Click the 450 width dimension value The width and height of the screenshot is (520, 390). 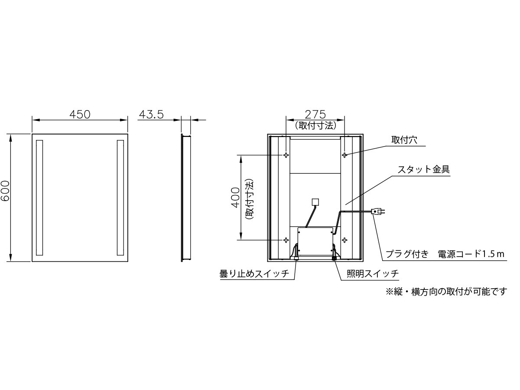pos(80,114)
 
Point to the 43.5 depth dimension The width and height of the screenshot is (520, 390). pos(151,114)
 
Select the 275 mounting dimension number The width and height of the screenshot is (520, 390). pos(315,114)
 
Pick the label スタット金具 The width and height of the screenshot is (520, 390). pos(423,169)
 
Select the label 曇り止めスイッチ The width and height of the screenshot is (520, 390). pos(254,274)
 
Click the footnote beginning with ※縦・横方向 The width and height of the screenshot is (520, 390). pos(446,292)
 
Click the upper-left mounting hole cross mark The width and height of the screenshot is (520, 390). pos(286,155)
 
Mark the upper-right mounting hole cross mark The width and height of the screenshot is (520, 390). pos(344,155)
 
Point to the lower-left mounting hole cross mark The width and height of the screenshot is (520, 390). pos(286,240)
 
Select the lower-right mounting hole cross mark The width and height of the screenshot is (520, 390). pos(344,240)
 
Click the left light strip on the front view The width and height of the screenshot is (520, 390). pos(39,198)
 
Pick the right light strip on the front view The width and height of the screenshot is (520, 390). pos(120,198)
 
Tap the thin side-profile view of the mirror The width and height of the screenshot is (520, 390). pos(185,198)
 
